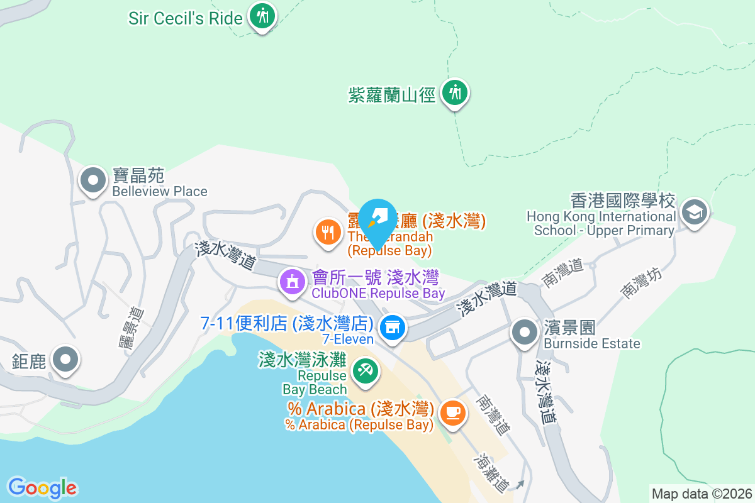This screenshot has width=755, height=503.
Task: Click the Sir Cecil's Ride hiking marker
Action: coord(262,16)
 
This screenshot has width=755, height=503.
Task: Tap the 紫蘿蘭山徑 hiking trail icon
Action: coord(454,94)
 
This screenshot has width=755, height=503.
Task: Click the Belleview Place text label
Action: coord(160,191)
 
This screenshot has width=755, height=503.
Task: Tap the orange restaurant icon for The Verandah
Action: coord(327,233)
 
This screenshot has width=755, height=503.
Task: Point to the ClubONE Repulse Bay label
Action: coord(378,293)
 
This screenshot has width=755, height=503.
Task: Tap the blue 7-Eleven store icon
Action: coord(393,328)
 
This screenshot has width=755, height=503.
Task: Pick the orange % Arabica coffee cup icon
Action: coord(452,412)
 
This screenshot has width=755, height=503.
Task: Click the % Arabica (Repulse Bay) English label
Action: coord(359,425)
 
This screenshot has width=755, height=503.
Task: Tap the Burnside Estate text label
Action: coord(591,343)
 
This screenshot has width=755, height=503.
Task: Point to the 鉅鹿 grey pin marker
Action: coord(65,360)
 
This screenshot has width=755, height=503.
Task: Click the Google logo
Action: coord(42,488)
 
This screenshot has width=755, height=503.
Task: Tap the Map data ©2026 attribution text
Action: coord(702,494)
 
